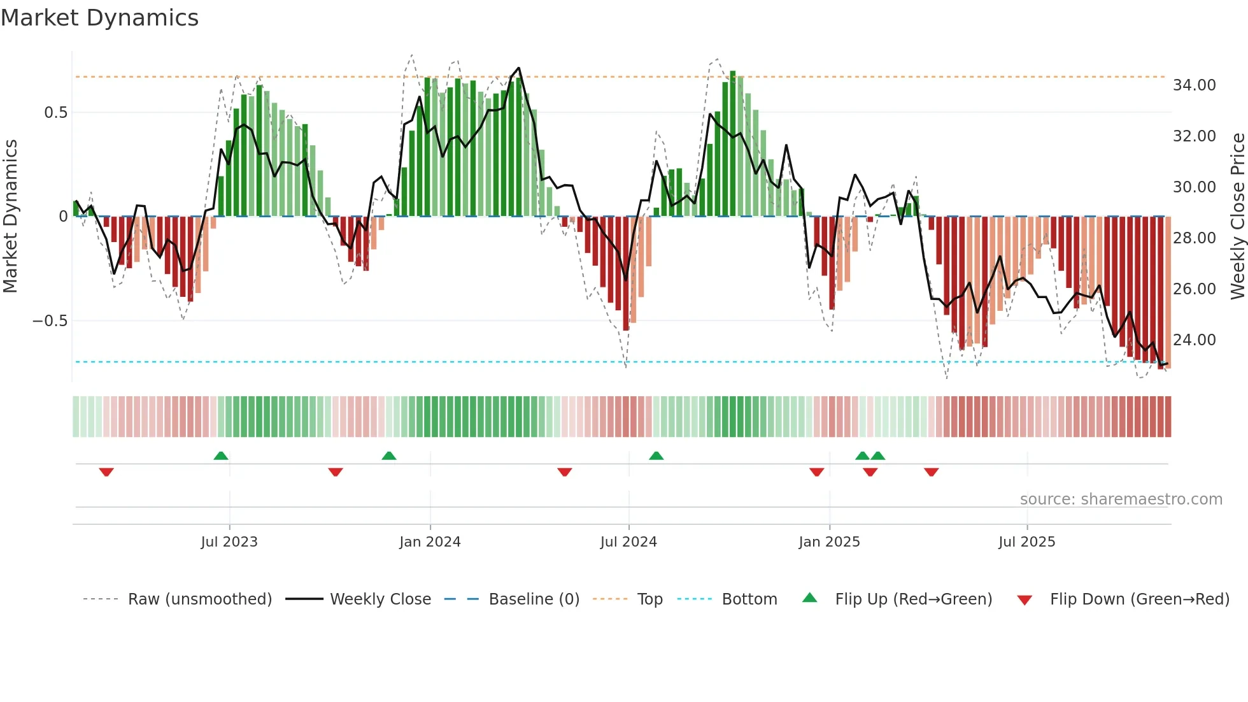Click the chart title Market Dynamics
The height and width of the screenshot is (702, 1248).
click(x=99, y=18)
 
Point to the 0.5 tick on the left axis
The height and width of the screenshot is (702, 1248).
click(x=55, y=113)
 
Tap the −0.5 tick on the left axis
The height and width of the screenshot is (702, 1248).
click(x=50, y=321)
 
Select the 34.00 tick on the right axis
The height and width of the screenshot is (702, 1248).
click(x=1194, y=85)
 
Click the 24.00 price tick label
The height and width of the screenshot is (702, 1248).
click(x=1194, y=340)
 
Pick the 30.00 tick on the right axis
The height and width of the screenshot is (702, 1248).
click(x=1194, y=187)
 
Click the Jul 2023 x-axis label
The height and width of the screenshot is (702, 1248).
click(x=229, y=542)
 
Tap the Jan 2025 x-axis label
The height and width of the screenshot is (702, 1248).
click(x=829, y=542)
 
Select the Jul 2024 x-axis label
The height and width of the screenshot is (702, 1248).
click(x=628, y=542)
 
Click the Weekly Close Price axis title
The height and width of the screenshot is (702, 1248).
click(x=1237, y=217)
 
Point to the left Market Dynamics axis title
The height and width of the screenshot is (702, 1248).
click(x=10, y=217)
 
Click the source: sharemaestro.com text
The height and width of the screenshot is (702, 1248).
click(x=1121, y=499)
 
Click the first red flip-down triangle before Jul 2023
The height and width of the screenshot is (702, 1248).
click(x=106, y=472)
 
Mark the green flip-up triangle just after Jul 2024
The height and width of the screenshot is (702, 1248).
click(x=656, y=455)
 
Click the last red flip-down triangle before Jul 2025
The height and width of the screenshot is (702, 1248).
click(x=931, y=472)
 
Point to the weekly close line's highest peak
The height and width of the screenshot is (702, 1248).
click(x=518, y=68)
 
